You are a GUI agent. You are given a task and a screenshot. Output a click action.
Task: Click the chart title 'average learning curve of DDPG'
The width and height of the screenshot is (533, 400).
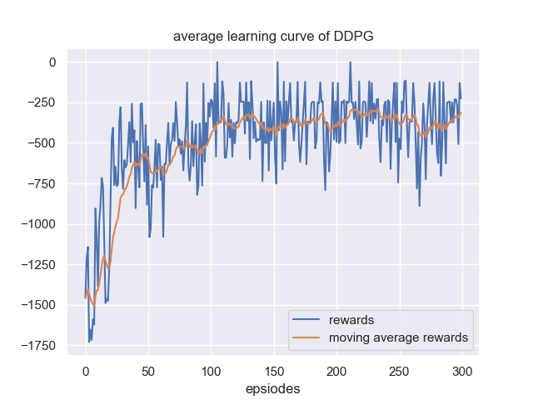pos(272,37)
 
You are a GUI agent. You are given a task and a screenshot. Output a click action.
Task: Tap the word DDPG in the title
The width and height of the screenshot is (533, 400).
pos(356,37)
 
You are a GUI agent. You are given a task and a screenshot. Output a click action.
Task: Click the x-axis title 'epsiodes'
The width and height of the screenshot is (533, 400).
pos(272,388)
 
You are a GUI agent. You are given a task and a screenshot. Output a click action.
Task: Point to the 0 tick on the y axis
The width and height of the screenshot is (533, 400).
pos(52,62)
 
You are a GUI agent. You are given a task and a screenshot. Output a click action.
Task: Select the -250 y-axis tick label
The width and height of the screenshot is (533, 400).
pos(41,103)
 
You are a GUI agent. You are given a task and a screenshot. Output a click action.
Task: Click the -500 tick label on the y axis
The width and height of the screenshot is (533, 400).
pos(41,143)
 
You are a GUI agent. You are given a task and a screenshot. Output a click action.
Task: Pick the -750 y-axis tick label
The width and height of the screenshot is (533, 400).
pos(41,184)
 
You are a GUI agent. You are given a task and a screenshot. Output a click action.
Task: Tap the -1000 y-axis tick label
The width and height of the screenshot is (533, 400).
pos(37,224)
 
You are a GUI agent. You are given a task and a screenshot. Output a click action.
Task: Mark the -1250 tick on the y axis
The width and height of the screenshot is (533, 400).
pos(37,265)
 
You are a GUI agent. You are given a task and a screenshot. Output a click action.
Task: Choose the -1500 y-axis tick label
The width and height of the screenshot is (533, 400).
pos(37,305)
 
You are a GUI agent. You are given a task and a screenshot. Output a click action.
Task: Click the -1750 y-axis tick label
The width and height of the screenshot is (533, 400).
pos(37,346)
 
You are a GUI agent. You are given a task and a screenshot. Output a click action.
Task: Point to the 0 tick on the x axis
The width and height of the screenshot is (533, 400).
pos(86,369)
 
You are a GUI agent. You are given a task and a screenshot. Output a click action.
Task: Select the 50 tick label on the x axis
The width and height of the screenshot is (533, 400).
pos(148,369)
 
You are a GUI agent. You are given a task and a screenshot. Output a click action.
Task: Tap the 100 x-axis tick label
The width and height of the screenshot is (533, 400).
pos(212,369)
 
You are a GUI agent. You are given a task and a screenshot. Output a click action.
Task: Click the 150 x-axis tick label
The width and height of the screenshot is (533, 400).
pos(274,369)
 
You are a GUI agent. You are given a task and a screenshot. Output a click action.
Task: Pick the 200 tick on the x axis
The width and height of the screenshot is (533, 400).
pos(337,369)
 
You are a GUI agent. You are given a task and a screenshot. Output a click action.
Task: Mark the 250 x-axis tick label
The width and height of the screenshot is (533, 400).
pos(400,369)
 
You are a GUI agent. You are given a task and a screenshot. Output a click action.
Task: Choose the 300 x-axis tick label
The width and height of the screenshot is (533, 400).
pos(463,369)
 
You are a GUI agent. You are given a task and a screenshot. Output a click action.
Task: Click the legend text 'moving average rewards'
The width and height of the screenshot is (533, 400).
pos(398,337)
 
